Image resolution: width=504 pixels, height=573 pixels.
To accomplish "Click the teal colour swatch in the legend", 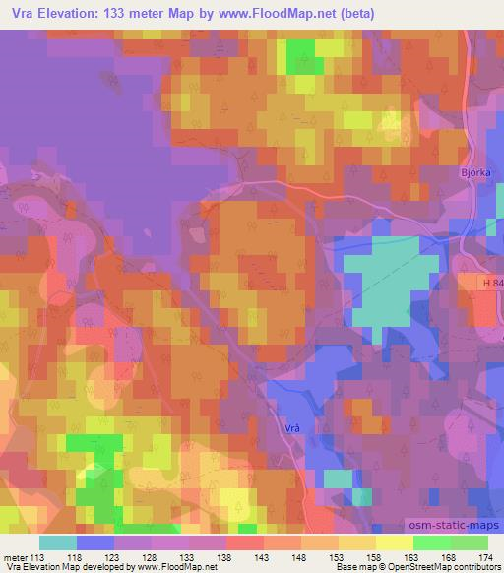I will pyautogui.click(x=58, y=541).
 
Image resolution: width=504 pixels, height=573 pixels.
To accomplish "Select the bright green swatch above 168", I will pyautogui.click(x=432, y=541).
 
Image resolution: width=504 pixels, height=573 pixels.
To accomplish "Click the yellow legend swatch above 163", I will pyautogui.click(x=395, y=541).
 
